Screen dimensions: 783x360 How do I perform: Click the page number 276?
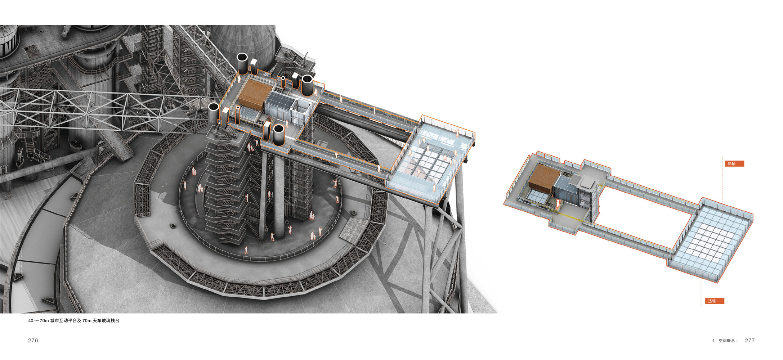(x=33, y=341)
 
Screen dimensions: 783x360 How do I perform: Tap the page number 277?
(x=750, y=341)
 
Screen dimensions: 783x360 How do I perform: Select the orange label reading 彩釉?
(x=734, y=164)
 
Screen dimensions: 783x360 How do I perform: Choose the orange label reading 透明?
(x=714, y=301)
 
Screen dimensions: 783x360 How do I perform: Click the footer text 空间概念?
(x=726, y=341)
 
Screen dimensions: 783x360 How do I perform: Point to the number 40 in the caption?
(x=31, y=321)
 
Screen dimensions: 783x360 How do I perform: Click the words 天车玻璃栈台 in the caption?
(x=106, y=321)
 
